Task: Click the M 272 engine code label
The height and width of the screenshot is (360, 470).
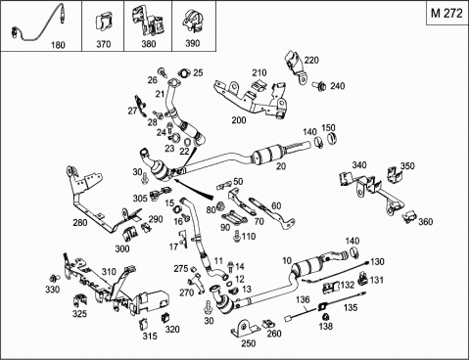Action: point(446,13)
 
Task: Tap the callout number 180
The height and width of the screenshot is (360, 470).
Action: point(58,45)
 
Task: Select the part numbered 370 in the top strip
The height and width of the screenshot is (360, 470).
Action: point(103,22)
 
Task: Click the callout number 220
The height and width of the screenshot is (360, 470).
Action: point(311,61)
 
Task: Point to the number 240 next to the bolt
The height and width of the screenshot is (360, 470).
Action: point(337,86)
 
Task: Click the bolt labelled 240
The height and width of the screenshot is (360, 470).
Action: point(319,86)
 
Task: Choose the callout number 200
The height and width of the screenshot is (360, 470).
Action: point(239,120)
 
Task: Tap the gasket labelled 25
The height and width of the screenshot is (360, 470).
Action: point(184,73)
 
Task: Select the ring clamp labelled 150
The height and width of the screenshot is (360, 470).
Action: point(332,139)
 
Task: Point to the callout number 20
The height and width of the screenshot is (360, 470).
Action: point(281,166)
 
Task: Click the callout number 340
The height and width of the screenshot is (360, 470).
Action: point(359,165)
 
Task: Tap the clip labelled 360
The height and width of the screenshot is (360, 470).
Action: point(409,217)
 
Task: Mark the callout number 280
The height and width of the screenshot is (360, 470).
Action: point(80,223)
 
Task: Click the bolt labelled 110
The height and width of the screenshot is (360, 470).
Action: point(237,236)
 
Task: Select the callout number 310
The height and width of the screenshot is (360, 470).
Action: point(109,272)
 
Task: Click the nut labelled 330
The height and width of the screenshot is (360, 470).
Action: point(53,278)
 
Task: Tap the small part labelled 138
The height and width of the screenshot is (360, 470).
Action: point(325,316)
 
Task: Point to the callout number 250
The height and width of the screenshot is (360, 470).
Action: point(249,343)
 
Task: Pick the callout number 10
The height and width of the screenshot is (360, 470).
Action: point(287,261)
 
